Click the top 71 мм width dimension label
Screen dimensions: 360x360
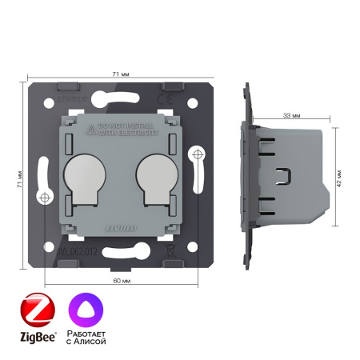(x=116, y=74)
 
